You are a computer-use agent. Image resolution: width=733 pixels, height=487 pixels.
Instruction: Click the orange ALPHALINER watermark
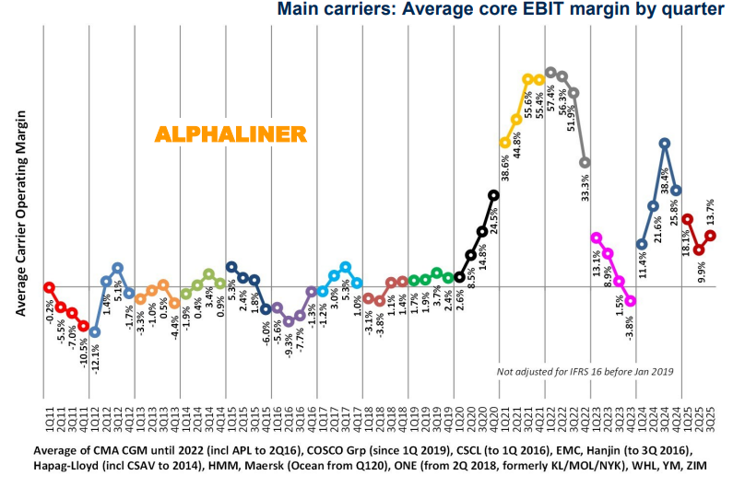[230, 133]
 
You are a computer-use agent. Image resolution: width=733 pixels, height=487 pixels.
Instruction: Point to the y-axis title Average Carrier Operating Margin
[19, 215]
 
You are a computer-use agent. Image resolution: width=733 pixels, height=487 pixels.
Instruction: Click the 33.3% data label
[585, 189]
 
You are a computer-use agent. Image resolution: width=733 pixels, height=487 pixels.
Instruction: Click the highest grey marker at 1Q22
[550, 72]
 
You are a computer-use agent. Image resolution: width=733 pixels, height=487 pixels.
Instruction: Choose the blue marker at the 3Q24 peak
[665, 143]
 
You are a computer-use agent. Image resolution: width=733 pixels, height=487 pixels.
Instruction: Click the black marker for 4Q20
[493, 194]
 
